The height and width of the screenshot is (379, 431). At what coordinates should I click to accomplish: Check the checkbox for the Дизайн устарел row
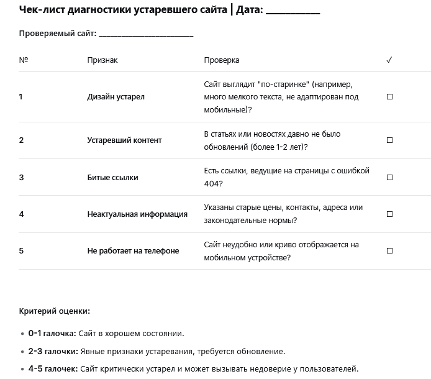click(x=390, y=97)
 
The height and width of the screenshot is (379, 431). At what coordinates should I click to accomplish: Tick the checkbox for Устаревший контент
click(x=390, y=140)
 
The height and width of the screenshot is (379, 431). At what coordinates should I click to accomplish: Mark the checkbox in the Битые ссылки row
click(x=390, y=177)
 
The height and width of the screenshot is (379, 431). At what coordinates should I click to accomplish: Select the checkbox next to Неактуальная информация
click(x=390, y=214)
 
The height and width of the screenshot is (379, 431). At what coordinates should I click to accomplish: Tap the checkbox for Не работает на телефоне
click(x=390, y=251)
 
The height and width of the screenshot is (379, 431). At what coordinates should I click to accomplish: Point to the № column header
click(x=24, y=60)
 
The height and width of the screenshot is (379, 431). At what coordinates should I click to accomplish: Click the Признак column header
click(x=102, y=60)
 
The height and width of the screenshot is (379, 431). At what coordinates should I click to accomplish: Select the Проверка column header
click(x=222, y=60)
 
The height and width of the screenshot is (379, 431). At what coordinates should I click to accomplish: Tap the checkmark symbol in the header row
click(x=389, y=60)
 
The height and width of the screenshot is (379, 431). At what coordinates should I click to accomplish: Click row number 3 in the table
click(x=21, y=177)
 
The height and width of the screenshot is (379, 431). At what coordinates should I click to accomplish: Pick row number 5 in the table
click(x=21, y=251)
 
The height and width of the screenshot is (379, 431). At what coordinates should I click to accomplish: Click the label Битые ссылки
click(x=112, y=177)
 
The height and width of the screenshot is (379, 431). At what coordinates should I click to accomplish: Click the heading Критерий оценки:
click(x=55, y=311)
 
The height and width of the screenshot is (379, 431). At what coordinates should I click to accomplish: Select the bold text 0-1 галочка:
click(x=52, y=334)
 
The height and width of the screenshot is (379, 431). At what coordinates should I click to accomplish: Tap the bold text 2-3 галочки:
click(x=52, y=351)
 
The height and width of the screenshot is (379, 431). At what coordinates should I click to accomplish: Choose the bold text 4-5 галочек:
click(x=53, y=368)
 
